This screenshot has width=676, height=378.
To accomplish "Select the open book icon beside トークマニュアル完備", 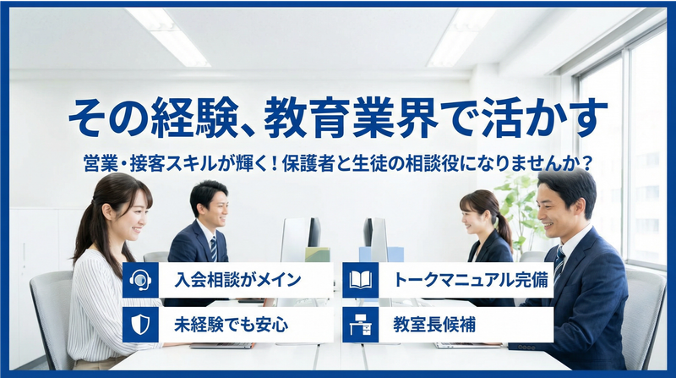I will click(x=360, y=280).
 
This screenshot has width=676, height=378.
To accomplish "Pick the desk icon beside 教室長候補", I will click(x=360, y=324).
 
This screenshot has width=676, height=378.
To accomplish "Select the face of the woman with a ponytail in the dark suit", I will click(x=478, y=217).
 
